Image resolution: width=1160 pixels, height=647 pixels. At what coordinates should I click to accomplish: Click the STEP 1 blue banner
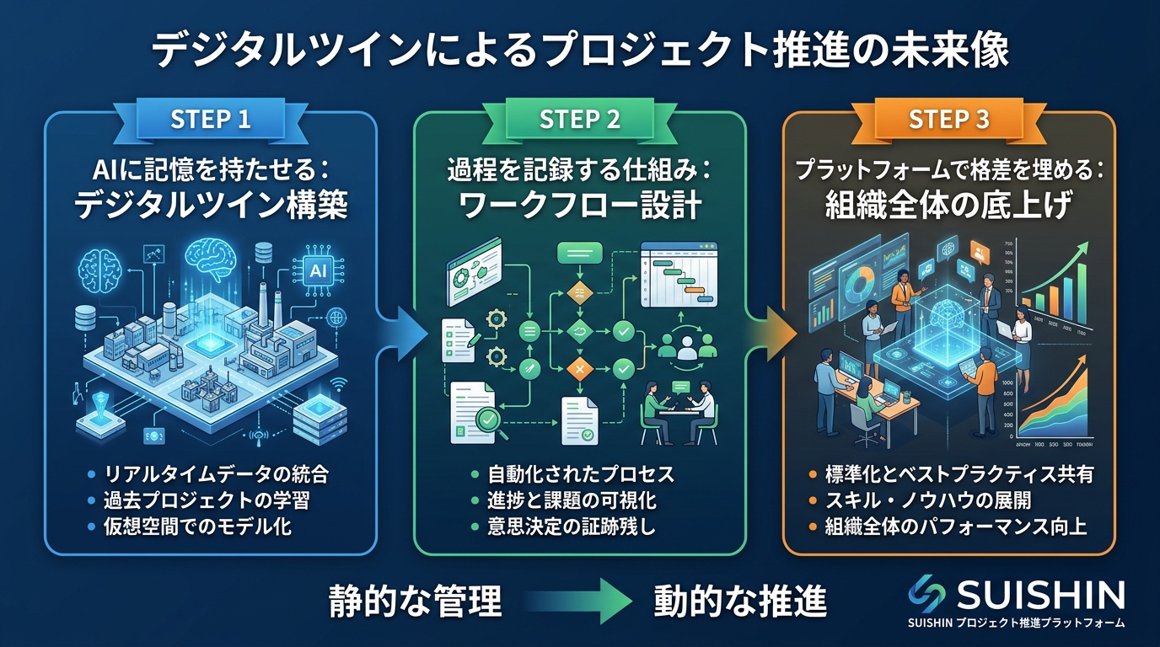pos(211,119)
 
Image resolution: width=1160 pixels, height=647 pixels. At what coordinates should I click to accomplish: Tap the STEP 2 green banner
pos(579,119)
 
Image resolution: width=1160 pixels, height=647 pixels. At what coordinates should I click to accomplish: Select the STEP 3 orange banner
pos(948,119)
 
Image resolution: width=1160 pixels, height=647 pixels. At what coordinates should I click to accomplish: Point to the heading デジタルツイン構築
pos(211,206)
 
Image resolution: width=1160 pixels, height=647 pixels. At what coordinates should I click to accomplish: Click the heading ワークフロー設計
pos(579,206)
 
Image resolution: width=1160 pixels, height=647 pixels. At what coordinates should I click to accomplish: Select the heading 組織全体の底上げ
pos(948,206)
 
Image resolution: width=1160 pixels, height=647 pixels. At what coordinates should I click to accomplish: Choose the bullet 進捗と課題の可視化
pos(567,501)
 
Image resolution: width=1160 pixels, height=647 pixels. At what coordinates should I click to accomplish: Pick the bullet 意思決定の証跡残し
pos(567,527)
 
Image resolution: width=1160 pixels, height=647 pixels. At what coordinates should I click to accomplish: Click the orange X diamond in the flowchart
pos(579,368)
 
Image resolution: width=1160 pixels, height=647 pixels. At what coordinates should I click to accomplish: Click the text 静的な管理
pos(415,601)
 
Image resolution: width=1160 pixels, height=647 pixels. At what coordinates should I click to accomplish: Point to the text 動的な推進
pos(739,601)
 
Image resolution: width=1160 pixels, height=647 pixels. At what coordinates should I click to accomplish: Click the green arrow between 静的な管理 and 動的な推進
pos(582,601)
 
